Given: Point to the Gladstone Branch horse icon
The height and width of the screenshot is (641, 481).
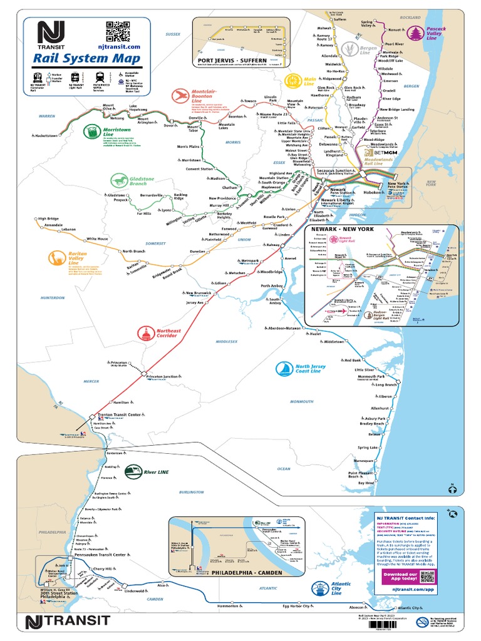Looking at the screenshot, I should pos(119,181).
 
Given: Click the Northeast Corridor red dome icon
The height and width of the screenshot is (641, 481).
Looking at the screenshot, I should pos(146,334).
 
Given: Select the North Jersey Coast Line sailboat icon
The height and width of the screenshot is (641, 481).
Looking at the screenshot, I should pos(284,369).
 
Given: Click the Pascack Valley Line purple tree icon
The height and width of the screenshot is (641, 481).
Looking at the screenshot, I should pos(415,33).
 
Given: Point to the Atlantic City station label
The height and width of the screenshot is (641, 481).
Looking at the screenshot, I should pos(426,608).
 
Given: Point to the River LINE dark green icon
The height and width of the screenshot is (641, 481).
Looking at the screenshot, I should pos(132,471).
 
